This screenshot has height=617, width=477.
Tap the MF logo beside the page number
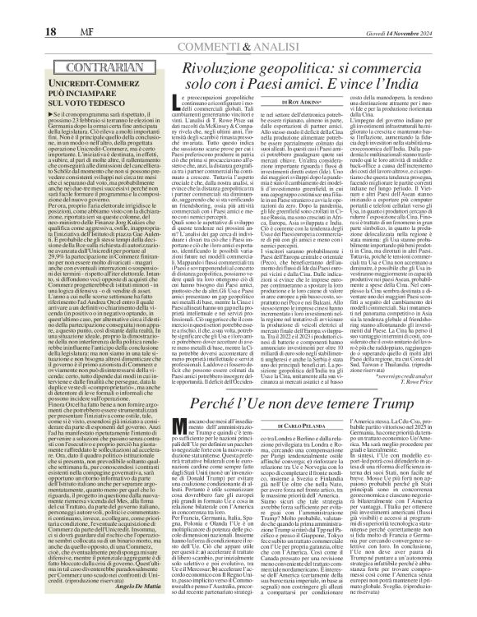53,10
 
